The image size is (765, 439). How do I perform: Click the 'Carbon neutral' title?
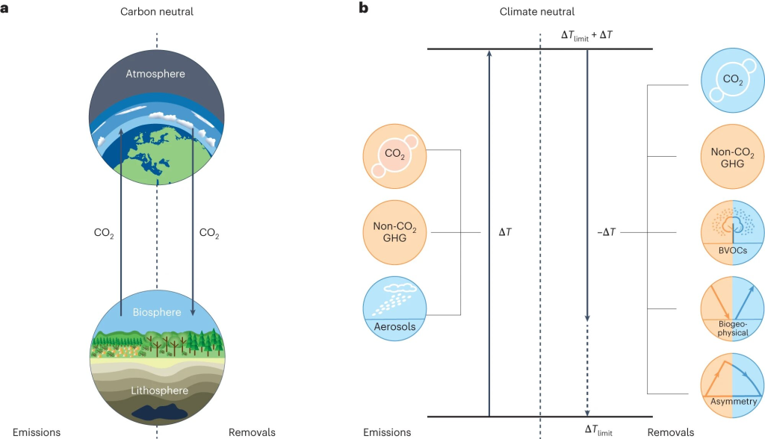(x=156, y=12)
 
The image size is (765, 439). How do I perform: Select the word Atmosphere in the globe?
(x=155, y=74)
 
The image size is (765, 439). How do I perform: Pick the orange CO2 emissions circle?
(x=394, y=158)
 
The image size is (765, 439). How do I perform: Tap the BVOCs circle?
(x=732, y=231)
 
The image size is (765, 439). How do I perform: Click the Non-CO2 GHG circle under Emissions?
(x=394, y=231)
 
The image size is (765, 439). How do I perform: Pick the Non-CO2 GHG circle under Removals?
(x=732, y=158)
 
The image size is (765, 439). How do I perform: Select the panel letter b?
(x=364, y=9)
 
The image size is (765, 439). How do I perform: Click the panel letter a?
(x=5, y=9)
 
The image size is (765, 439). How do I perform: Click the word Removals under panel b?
(x=670, y=432)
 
